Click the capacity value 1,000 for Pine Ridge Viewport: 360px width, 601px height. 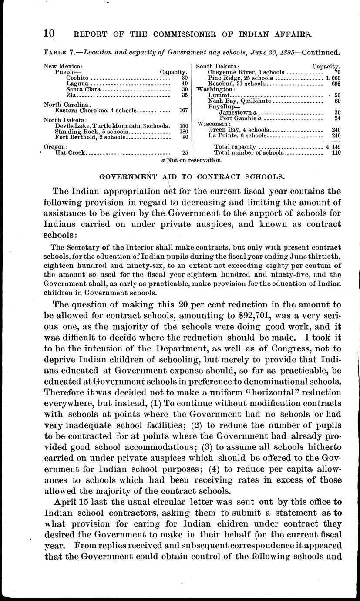pyautogui.click(x=333, y=78)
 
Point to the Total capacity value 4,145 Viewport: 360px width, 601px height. pyautogui.click(x=333, y=147)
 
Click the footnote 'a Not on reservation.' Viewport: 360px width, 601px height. pyautogui.click(x=192, y=160)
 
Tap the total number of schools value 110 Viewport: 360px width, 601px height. pyautogui.click(x=335, y=153)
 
